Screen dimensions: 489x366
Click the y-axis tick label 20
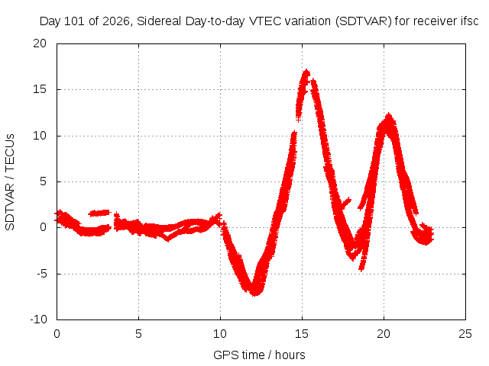[x=40, y=43]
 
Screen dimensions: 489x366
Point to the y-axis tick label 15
[x=40, y=90]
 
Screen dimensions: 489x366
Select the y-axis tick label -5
[x=41, y=274]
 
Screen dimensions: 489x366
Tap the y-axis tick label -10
[x=38, y=319]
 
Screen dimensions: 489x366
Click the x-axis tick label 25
[x=465, y=334]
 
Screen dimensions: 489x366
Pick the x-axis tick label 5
[x=138, y=334]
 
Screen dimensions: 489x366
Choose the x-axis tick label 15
[x=302, y=334]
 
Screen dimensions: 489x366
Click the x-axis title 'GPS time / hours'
[x=259, y=355]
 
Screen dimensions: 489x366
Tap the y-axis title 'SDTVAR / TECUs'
[x=10, y=182]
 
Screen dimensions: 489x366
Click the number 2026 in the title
[x=116, y=21]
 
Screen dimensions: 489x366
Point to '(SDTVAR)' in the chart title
[x=364, y=21]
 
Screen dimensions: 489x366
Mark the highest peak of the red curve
[x=306, y=71]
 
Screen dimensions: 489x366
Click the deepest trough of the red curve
[x=255, y=293]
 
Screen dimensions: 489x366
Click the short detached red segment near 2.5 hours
[x=100, y=213]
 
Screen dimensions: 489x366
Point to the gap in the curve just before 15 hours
[x=296, y=124]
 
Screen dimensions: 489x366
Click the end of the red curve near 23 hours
[x=432, y=234]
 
